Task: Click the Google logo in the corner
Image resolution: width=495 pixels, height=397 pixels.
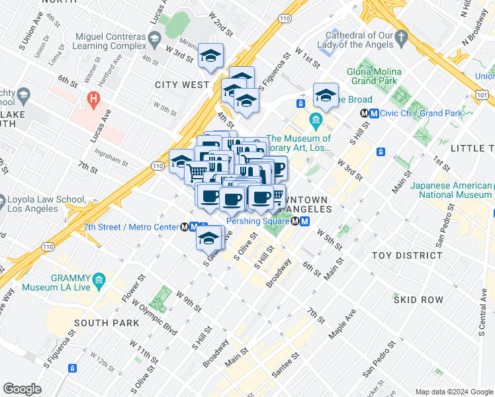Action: (x=22, y=389)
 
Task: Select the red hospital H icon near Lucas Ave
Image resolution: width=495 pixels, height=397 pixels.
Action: (x=94, y=101)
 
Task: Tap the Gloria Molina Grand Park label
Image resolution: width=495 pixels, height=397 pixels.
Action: (x=372, y=76)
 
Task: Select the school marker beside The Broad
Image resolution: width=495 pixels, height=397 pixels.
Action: (x=326, y=97)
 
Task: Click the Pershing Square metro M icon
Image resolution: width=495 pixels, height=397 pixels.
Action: (x=304, y=222)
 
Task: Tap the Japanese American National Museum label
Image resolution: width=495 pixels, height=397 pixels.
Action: (x=451, y=190)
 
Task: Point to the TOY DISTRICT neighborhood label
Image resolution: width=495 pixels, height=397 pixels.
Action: (x=407, y=255)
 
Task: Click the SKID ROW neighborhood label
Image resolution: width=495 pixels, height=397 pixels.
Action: (x=418, y=300)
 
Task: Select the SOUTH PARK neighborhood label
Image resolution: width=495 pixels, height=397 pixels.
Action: (x=107, y=323)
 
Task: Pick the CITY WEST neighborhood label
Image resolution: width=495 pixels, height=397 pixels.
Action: (x=182, y=85)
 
